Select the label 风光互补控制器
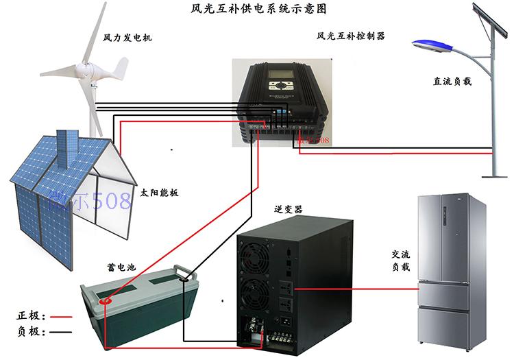(x=350, y=36)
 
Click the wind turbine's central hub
(x=88, y=69)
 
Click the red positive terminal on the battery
(x=106, y=300)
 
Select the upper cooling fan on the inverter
(x=256, y=258)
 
